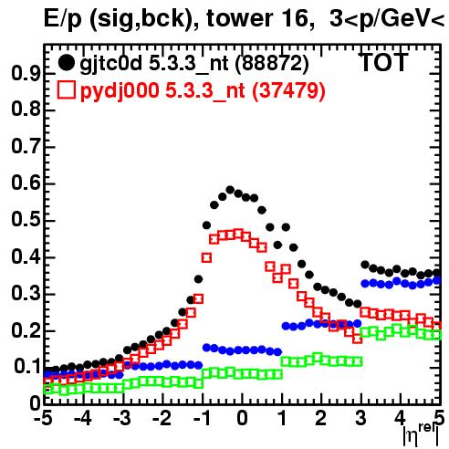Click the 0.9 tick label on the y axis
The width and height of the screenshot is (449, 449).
[x=26, y=73]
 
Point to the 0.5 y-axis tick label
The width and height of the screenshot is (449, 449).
[x=26, y=220]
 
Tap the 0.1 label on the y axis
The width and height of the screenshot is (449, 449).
[x=27, y=366]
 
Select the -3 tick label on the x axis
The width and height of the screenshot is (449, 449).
[x=122, y=419]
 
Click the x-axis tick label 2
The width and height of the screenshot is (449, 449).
[x=321, y=419]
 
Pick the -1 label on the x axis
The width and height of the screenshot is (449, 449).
[x=201, y=419]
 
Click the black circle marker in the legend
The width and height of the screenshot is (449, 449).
[x=66, y=63]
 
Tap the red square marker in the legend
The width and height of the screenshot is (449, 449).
[x=66, y=90]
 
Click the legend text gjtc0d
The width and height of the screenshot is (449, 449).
[x=111, y=64]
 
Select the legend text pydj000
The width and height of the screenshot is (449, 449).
[x=120, y=91]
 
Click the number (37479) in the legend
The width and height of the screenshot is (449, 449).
[x=288, y=91]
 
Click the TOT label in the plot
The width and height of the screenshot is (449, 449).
[x=384, y=63]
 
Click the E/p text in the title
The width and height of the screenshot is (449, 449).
[x=63, y=19]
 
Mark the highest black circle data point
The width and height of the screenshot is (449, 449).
[x=230, y=190]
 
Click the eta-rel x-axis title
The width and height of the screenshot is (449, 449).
[x=421, y=436]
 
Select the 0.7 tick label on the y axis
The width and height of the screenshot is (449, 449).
[x=26, y=147]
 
